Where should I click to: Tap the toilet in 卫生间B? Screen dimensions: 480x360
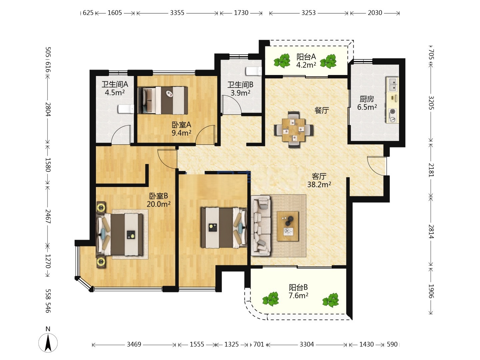point(254,71)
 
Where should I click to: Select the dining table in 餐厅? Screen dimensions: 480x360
point(293,130)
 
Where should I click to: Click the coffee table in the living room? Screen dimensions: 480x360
point(288,226)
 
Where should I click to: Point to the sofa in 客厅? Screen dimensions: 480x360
point(261,226)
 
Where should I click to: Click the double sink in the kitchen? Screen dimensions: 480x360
point(393,84)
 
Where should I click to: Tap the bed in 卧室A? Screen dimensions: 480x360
point(163,100)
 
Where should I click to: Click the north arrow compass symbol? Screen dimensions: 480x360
point(48,343)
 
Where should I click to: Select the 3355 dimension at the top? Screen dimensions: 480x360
point(177,13)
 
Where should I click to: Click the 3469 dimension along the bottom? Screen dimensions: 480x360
point(134,344)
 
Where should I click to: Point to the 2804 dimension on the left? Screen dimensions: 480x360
point(48,109)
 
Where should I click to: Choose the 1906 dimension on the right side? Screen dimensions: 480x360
point(431,291)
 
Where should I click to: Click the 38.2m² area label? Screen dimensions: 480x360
point(319,185)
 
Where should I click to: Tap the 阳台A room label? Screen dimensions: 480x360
point(306,57)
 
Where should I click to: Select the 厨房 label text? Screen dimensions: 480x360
point(367,99)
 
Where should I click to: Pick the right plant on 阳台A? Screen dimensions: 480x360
point(328,61)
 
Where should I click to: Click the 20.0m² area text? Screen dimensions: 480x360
point(159,204)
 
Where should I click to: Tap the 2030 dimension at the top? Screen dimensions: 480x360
point(375,13)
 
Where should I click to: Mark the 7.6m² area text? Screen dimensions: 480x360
point(298,296)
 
